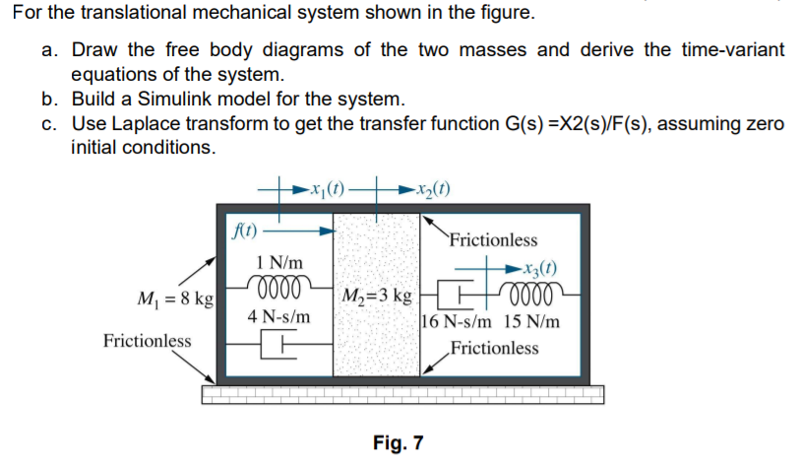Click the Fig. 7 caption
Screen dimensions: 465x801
(x=399, y=442)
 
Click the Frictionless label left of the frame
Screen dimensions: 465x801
(x=148, y=341)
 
